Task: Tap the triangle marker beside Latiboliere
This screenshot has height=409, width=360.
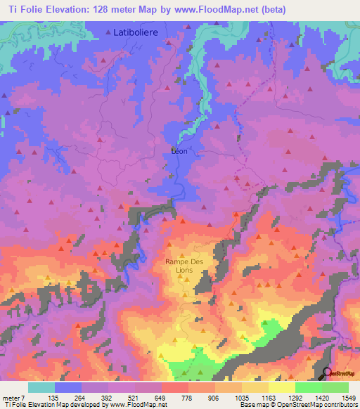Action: [x=108, y=32]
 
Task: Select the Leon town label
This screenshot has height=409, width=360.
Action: [x=180, y=150]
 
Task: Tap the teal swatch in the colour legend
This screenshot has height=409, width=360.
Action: [x=41, y=387]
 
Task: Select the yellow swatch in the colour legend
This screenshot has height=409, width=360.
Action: [x=282, y=387]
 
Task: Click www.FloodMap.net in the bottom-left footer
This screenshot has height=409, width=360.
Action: [x=137, y=405]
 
